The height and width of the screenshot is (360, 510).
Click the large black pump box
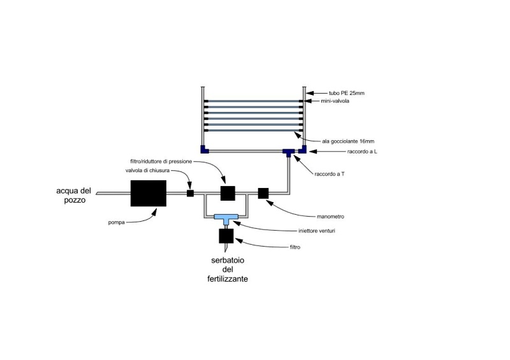(149, 192)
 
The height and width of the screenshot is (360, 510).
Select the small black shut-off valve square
(190, 192)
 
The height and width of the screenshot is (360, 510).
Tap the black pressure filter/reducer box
(228, 192)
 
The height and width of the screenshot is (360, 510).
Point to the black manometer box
(263, 192)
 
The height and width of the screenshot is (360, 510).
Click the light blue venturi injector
(226, 217)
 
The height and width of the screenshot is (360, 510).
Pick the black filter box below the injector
(226, 236)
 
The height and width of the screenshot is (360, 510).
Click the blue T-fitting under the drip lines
(289, 152)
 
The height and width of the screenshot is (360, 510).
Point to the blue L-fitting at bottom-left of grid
(203, 150)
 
